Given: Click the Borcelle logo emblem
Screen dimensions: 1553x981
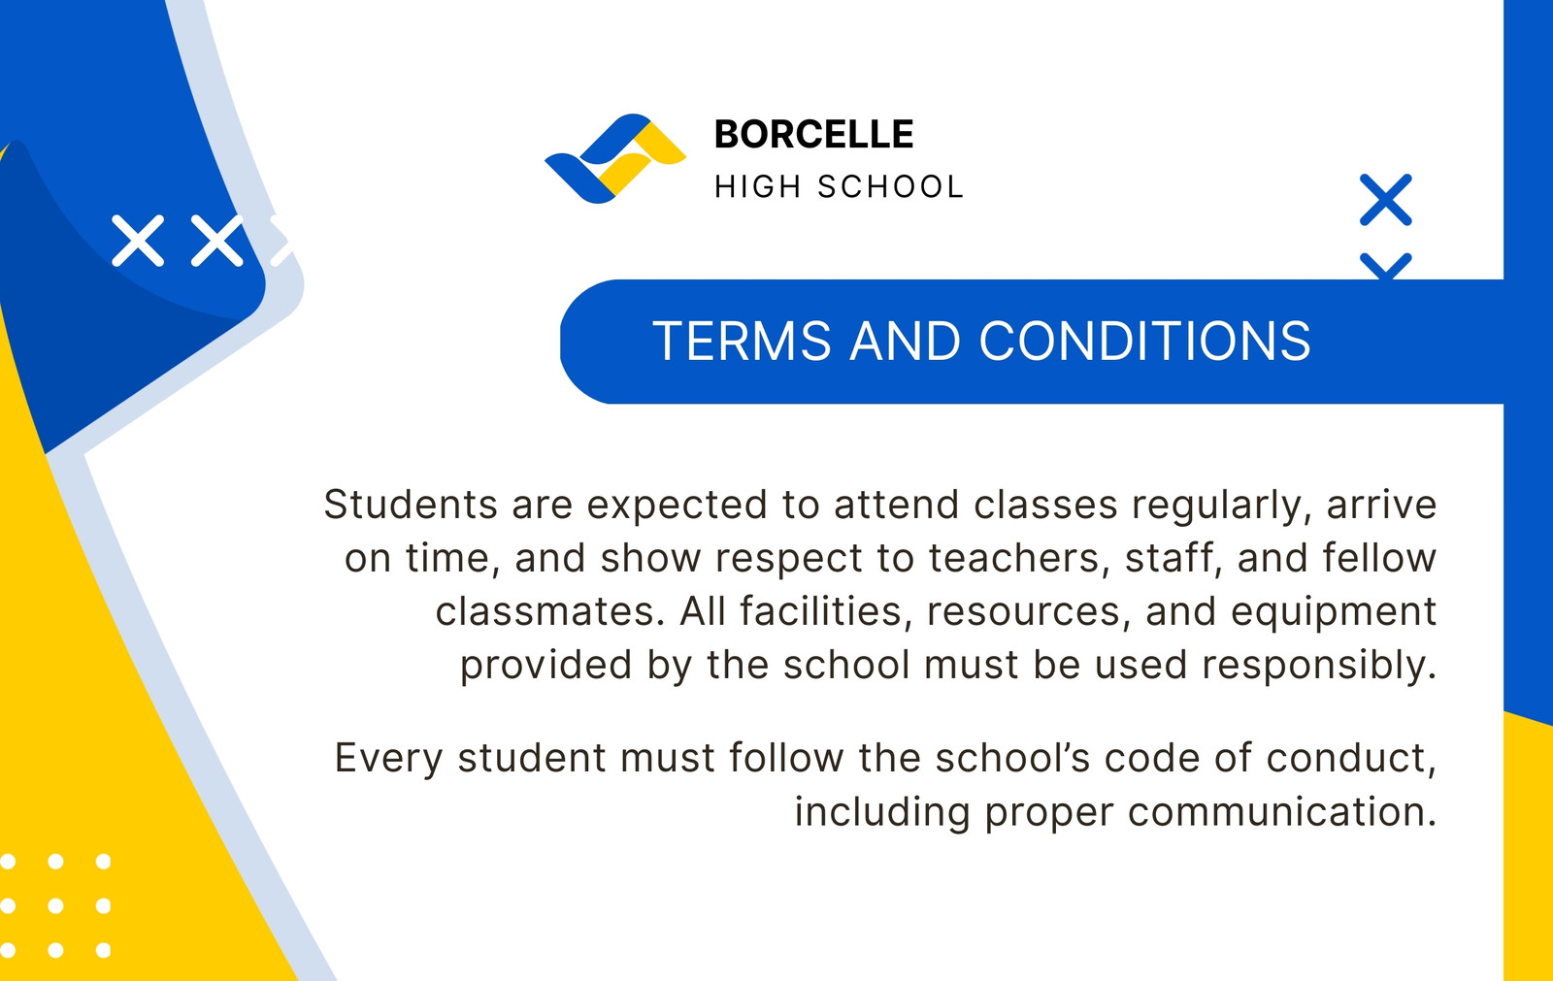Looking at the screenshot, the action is point(615,159).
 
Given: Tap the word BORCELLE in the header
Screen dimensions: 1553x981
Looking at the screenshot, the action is point(814,134).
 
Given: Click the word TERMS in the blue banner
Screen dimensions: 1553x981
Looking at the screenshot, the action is point(742,342).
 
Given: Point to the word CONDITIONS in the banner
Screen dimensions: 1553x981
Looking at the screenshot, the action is point(1144,342).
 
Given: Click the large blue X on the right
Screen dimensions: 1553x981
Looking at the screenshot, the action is point(1385,200).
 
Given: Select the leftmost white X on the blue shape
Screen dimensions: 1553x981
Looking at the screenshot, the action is point(138,241).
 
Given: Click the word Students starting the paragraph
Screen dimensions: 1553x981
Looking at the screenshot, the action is point(411,504).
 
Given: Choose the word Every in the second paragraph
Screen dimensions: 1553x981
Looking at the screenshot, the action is point(388,759).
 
